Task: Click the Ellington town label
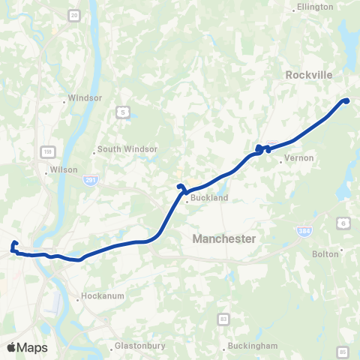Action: click(316, 7)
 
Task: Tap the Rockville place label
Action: click(308, 75)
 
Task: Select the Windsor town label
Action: click(85, 97)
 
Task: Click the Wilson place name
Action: click(64, 169)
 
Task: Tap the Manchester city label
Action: click(224, 238)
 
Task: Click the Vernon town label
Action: click(299, 158)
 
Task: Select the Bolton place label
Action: click(325, 253)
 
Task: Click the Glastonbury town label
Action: click(139, 346)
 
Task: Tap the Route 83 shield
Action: click(223, 319)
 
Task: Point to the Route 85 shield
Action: click(343, 351)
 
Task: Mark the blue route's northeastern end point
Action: click(346, 100)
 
